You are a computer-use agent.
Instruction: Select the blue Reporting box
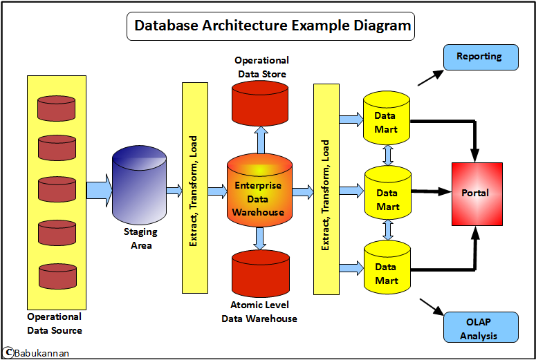pos(479,57)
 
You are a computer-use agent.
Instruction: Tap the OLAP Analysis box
pos(479,327)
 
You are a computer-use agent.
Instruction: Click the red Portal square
pos(477,193)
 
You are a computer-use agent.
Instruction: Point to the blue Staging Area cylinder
pos(139,184)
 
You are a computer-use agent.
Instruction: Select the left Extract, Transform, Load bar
pos(194,187)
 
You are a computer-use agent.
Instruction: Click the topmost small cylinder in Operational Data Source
pos(57,108)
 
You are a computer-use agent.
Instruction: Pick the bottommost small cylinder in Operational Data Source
pos(57,276)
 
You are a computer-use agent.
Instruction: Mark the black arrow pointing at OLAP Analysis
pos(431,307)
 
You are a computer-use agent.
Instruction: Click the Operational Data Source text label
pos(54,323)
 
